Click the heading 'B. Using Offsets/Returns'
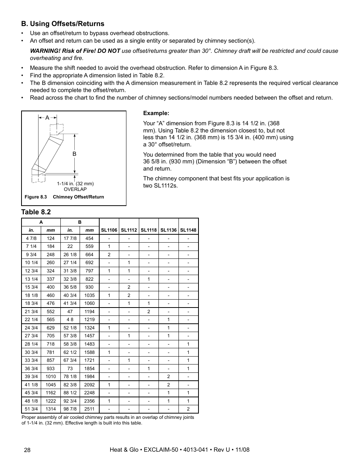(63, 23)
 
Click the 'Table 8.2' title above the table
(36, 212)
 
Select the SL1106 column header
(109, 230)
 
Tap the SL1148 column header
(188, 230)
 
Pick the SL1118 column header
(149, 230)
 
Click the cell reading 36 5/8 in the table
(70, 287)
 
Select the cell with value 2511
(89, 409)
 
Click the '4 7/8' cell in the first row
(31, 238)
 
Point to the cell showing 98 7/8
(70, 409)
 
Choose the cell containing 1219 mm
(89, 320)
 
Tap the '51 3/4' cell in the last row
(31, 409)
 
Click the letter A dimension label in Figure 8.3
(47, 118)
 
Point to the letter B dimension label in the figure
(74, 154)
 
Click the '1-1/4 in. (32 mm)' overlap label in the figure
(75, 184)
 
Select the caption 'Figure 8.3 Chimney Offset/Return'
(64, 197)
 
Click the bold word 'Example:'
(156, 113)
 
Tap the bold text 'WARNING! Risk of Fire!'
(63, 51)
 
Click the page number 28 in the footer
(27, 450)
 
